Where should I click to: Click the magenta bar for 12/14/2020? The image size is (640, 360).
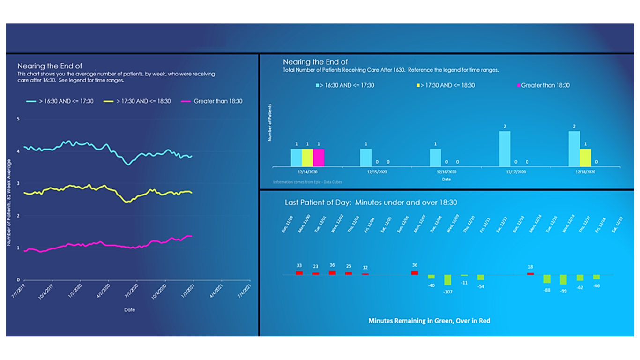319,158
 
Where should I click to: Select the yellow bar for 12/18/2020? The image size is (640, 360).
585,158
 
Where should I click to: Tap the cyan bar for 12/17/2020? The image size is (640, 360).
505,149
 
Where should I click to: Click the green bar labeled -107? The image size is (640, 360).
447,280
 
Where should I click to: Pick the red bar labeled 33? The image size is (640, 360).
299,273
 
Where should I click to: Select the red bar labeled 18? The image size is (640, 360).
530,274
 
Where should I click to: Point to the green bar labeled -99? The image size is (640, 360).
563,279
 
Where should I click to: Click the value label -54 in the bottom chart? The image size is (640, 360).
481,286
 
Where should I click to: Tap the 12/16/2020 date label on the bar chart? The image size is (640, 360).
446,172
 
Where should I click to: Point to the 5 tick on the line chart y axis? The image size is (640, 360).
18,119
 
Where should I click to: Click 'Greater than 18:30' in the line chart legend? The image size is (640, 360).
218,101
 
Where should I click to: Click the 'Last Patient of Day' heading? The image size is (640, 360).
371,202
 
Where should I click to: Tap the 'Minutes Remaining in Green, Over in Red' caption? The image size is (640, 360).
429,321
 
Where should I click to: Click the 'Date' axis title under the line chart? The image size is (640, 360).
129,310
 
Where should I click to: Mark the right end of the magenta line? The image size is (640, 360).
192,236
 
